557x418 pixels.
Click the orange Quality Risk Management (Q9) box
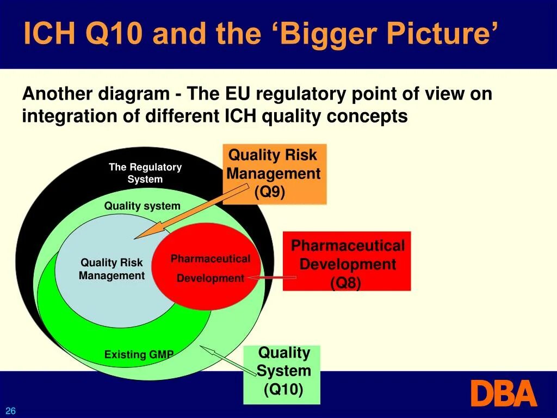[x=275, y=174]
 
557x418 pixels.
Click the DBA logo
[x=503, y=393]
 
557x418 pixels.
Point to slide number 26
[x=11, y=411]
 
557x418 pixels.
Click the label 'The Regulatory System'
[x=145, y=173]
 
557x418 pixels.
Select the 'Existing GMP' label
[x=139, y=355]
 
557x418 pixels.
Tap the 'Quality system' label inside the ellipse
[x=142, y=206]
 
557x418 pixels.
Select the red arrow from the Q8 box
[x=272, y=278]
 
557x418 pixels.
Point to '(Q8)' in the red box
[x=346, y=283]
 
